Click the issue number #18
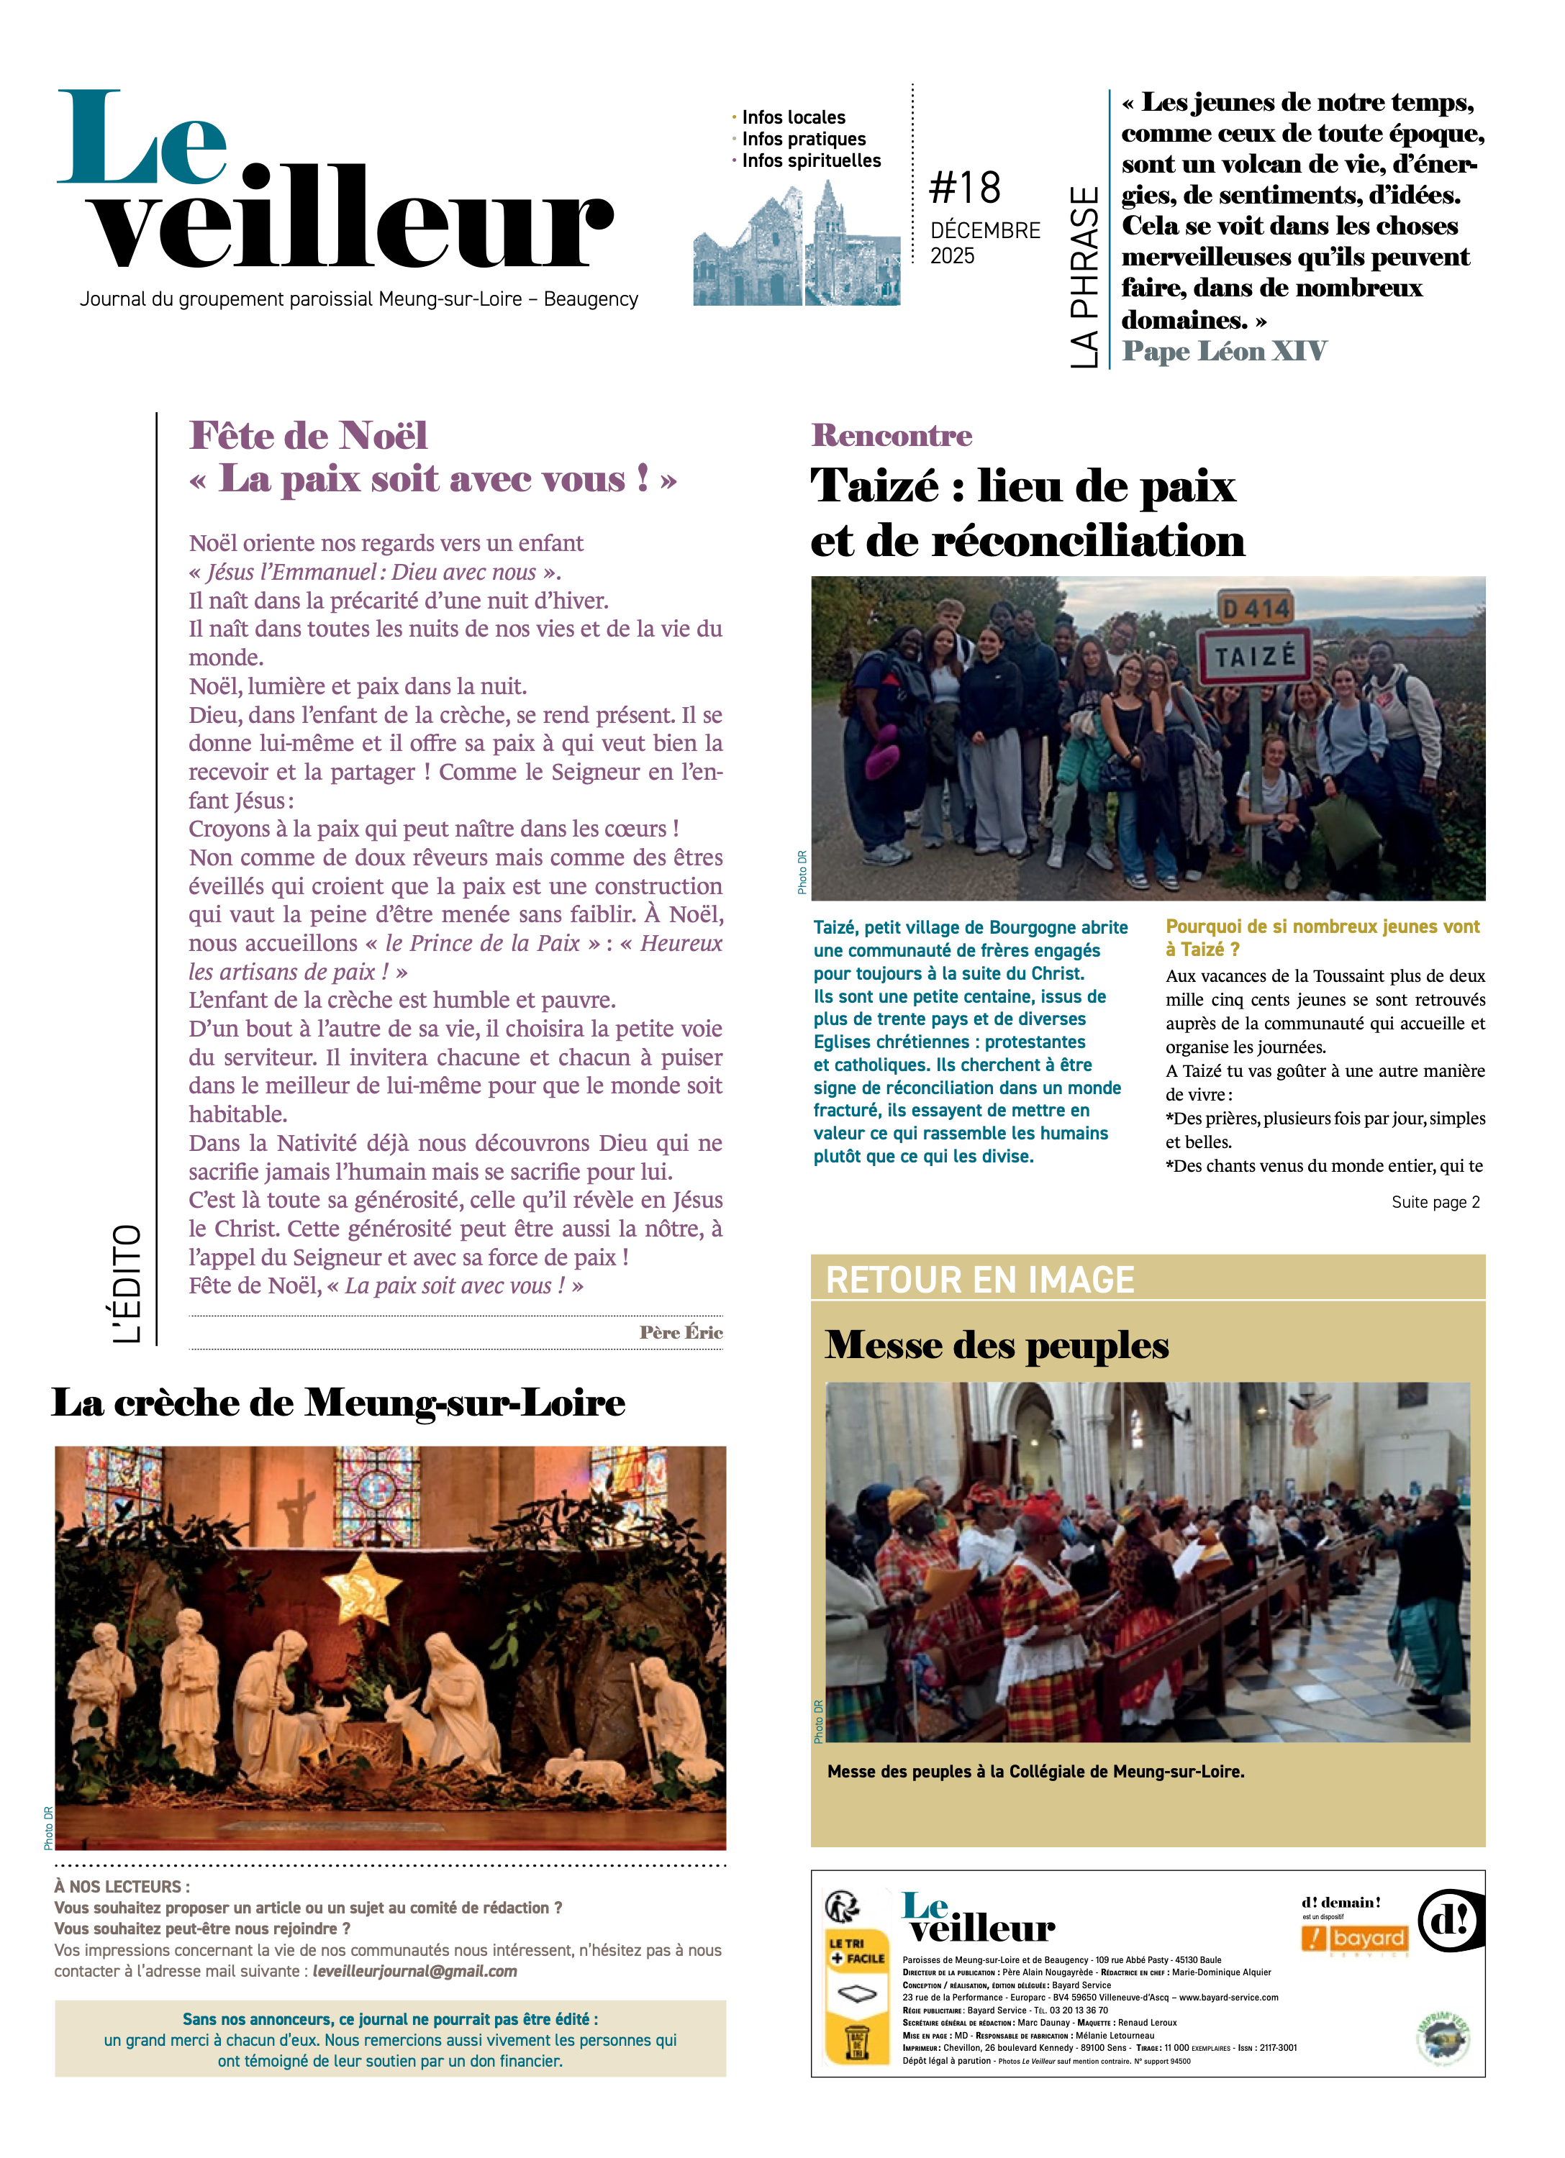pos(964,188)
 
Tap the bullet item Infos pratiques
pos(804,139)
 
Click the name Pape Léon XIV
pos(1223,351)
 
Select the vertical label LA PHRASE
pos(1084,276)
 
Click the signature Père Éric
pos(681,1332)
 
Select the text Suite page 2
pos(1435,1202)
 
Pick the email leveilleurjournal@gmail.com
pos(414,1972)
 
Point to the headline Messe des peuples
pos(996,1345)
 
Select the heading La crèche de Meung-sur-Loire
pos(338,1403)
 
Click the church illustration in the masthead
pos(796,245)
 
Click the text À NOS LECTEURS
pos(121,1886)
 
